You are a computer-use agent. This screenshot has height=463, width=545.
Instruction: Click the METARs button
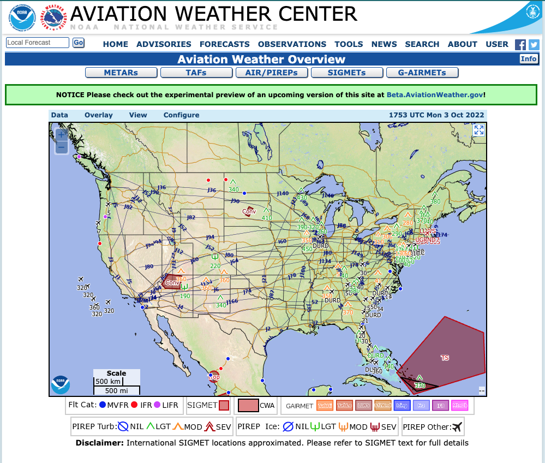click(x=121, y=73)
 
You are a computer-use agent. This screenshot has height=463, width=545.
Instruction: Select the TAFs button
click(x=196, y=73)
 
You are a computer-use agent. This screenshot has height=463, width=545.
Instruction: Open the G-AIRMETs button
click(x=422, y=73)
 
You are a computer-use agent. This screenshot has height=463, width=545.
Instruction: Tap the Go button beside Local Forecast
click(x=79, y=43)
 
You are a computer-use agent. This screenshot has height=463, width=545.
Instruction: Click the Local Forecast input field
click(x=38, y=43)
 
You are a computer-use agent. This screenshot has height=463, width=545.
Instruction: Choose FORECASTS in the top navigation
click(x=224, y=44)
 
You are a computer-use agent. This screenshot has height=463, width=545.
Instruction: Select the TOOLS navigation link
click(x=349, y=44)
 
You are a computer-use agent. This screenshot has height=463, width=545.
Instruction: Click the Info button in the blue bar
click(x=528, y=59)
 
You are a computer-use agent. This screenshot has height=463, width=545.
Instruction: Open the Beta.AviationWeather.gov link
click(x=435, y=94)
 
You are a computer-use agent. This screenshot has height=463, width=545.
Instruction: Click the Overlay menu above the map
click(x=99, y=115)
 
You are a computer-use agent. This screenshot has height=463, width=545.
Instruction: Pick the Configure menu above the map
click(x=181, y=115)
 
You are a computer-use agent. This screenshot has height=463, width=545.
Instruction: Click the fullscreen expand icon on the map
click(x=478, y=130)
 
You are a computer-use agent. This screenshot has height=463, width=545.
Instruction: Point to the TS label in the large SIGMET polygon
click(x=445, y=358)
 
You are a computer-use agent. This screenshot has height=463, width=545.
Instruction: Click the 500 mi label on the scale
click(x=116, y=390)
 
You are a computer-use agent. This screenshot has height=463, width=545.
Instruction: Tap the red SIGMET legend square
click(x=224, y=406)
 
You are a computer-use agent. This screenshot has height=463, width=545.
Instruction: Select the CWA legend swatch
click(x=248, y=406)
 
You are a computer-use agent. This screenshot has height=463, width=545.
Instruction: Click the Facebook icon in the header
click(x=520, y=45)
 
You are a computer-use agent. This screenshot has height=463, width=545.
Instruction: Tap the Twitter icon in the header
click(x=534, y=45)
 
